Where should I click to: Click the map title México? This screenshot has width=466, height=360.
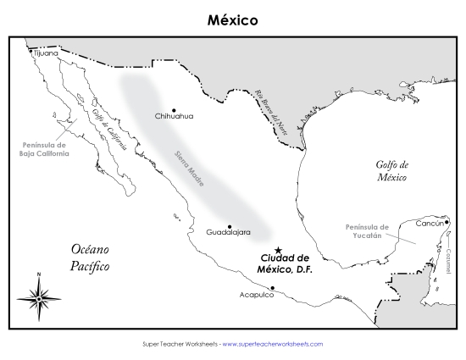pos(232,18)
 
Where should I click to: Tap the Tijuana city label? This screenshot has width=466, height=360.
pos(47,53)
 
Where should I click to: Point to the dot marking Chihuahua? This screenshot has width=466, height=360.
pos(174,109)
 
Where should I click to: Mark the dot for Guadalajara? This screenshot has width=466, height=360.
pos(229,225)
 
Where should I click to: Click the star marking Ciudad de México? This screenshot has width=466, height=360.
pos(278,251)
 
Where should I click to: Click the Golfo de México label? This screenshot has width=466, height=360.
pos(392,171)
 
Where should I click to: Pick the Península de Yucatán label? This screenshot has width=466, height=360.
pos(367,232)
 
